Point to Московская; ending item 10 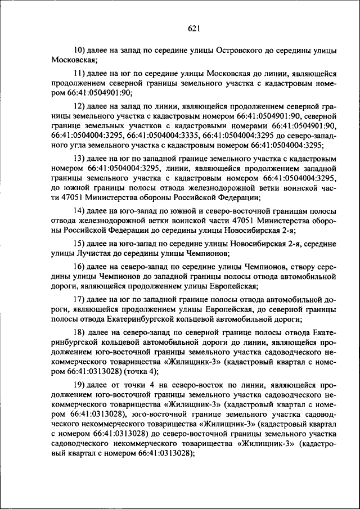(74, 60)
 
